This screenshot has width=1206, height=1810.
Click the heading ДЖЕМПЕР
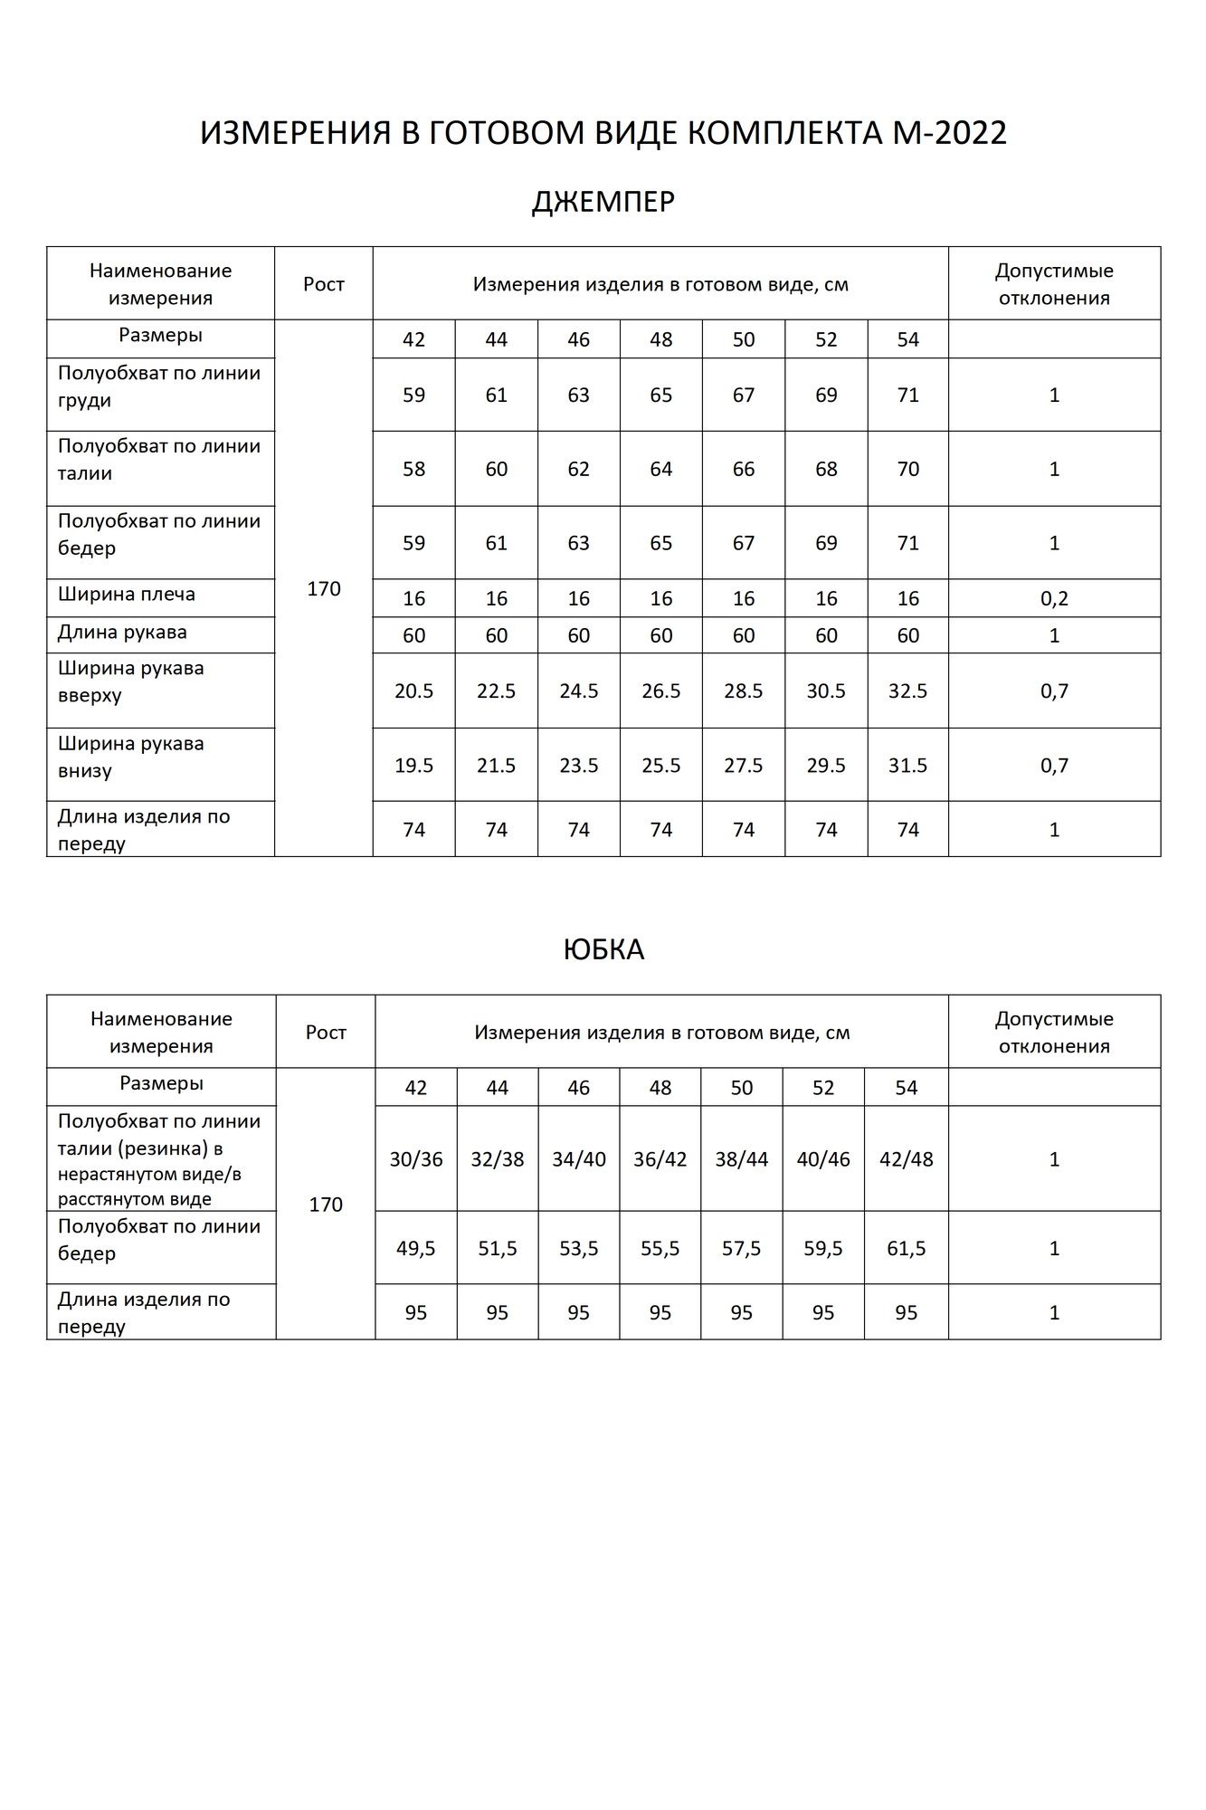click(603, 202)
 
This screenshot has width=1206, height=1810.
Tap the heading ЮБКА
click(603, 949)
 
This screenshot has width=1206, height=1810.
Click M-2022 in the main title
click(949, 134)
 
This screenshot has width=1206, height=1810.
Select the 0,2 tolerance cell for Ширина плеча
click(1054, 598)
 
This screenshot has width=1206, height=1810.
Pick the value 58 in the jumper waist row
click(413, 469)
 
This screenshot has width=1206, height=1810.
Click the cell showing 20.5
click(413, 691)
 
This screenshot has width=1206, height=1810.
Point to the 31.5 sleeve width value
click(907, 765)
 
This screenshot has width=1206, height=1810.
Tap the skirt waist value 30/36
click(416, 1159)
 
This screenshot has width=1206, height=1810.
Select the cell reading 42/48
click(906, 1159)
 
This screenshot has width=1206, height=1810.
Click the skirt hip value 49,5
click(416, 1248)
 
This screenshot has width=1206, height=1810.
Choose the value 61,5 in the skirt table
click(906, 1248)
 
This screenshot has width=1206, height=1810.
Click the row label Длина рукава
click(122, 632)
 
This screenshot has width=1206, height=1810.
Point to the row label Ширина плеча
click(126, 595)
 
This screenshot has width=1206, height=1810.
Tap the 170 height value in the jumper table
click(324, 589)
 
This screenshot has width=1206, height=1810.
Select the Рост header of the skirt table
click(326, 1032)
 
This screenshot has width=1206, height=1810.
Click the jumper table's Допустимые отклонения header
click(1054, 284)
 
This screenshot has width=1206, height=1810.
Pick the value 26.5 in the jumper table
click(661, 691)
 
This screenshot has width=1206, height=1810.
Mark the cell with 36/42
click(660, 1159)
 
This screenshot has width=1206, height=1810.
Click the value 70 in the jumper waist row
click(907, 469)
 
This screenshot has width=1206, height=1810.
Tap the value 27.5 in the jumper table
click(744, 765)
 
